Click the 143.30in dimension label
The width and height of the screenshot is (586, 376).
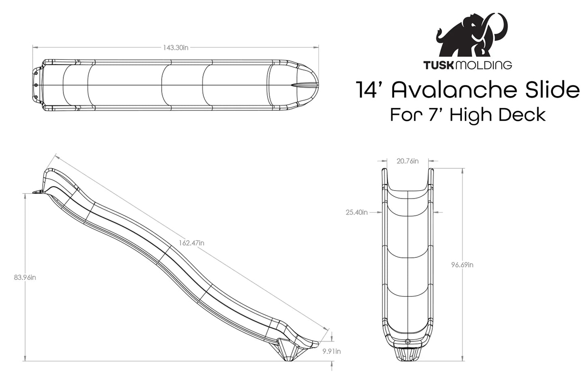click(x=176, y=48)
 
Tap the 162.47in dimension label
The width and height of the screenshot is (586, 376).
click(x=191, y=243)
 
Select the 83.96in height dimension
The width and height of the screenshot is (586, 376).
click(x=25, y=277)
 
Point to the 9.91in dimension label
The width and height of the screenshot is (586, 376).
click(x=331, y=351)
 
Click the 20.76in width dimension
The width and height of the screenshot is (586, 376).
click(x=408, y=161)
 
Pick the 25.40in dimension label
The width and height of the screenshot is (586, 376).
click(x=356, y=212)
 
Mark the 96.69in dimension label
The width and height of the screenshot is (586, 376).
click(x=462, y=265)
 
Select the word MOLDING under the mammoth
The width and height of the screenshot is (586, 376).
click(x=484, y=65)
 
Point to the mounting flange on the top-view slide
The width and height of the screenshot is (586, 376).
click(x=36, y=85)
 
